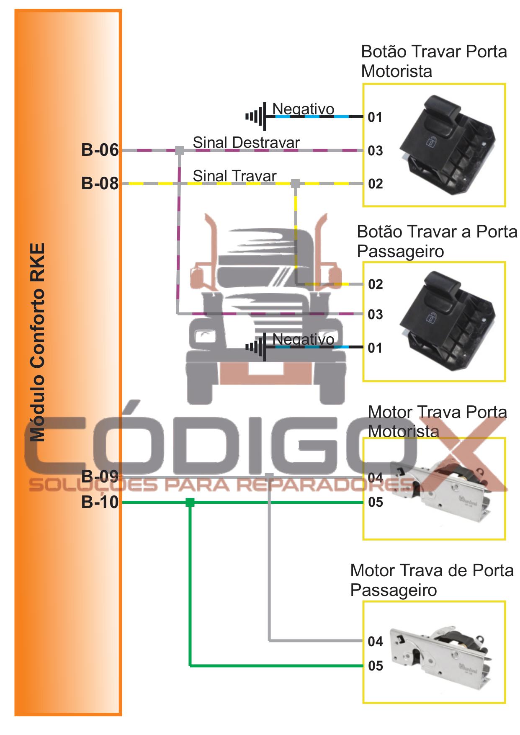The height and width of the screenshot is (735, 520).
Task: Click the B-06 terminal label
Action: click(100, 150)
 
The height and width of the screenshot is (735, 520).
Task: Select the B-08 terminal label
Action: click(100, 183)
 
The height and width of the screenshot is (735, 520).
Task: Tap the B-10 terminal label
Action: click(100, 502)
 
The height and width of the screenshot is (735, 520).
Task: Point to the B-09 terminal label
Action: click(100, 477)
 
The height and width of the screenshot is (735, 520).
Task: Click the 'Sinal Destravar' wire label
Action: click(246, 142)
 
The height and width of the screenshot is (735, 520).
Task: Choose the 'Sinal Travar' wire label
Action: click(234, 176)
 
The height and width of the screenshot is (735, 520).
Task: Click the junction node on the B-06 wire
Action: click(179, 150)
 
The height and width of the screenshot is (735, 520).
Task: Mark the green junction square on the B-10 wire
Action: click(190, 502)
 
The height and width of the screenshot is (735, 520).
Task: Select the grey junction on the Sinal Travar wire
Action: click(296, 183)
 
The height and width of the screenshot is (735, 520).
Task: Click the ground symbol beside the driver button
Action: click(257, 116)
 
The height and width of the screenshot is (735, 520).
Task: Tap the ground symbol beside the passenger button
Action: click(257, 347)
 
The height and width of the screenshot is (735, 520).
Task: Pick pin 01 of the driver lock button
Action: click(375, 117)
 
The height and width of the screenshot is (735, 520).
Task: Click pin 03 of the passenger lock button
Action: click(375, 314)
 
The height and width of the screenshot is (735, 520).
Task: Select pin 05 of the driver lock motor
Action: click(376, 502)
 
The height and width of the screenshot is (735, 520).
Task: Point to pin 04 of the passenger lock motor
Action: click(376, 642)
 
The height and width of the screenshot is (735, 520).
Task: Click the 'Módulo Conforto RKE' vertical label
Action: click(37, 342)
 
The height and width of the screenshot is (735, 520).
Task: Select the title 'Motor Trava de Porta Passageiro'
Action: click(432, 580)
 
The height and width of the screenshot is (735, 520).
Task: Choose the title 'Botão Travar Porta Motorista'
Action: click(434, 61)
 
